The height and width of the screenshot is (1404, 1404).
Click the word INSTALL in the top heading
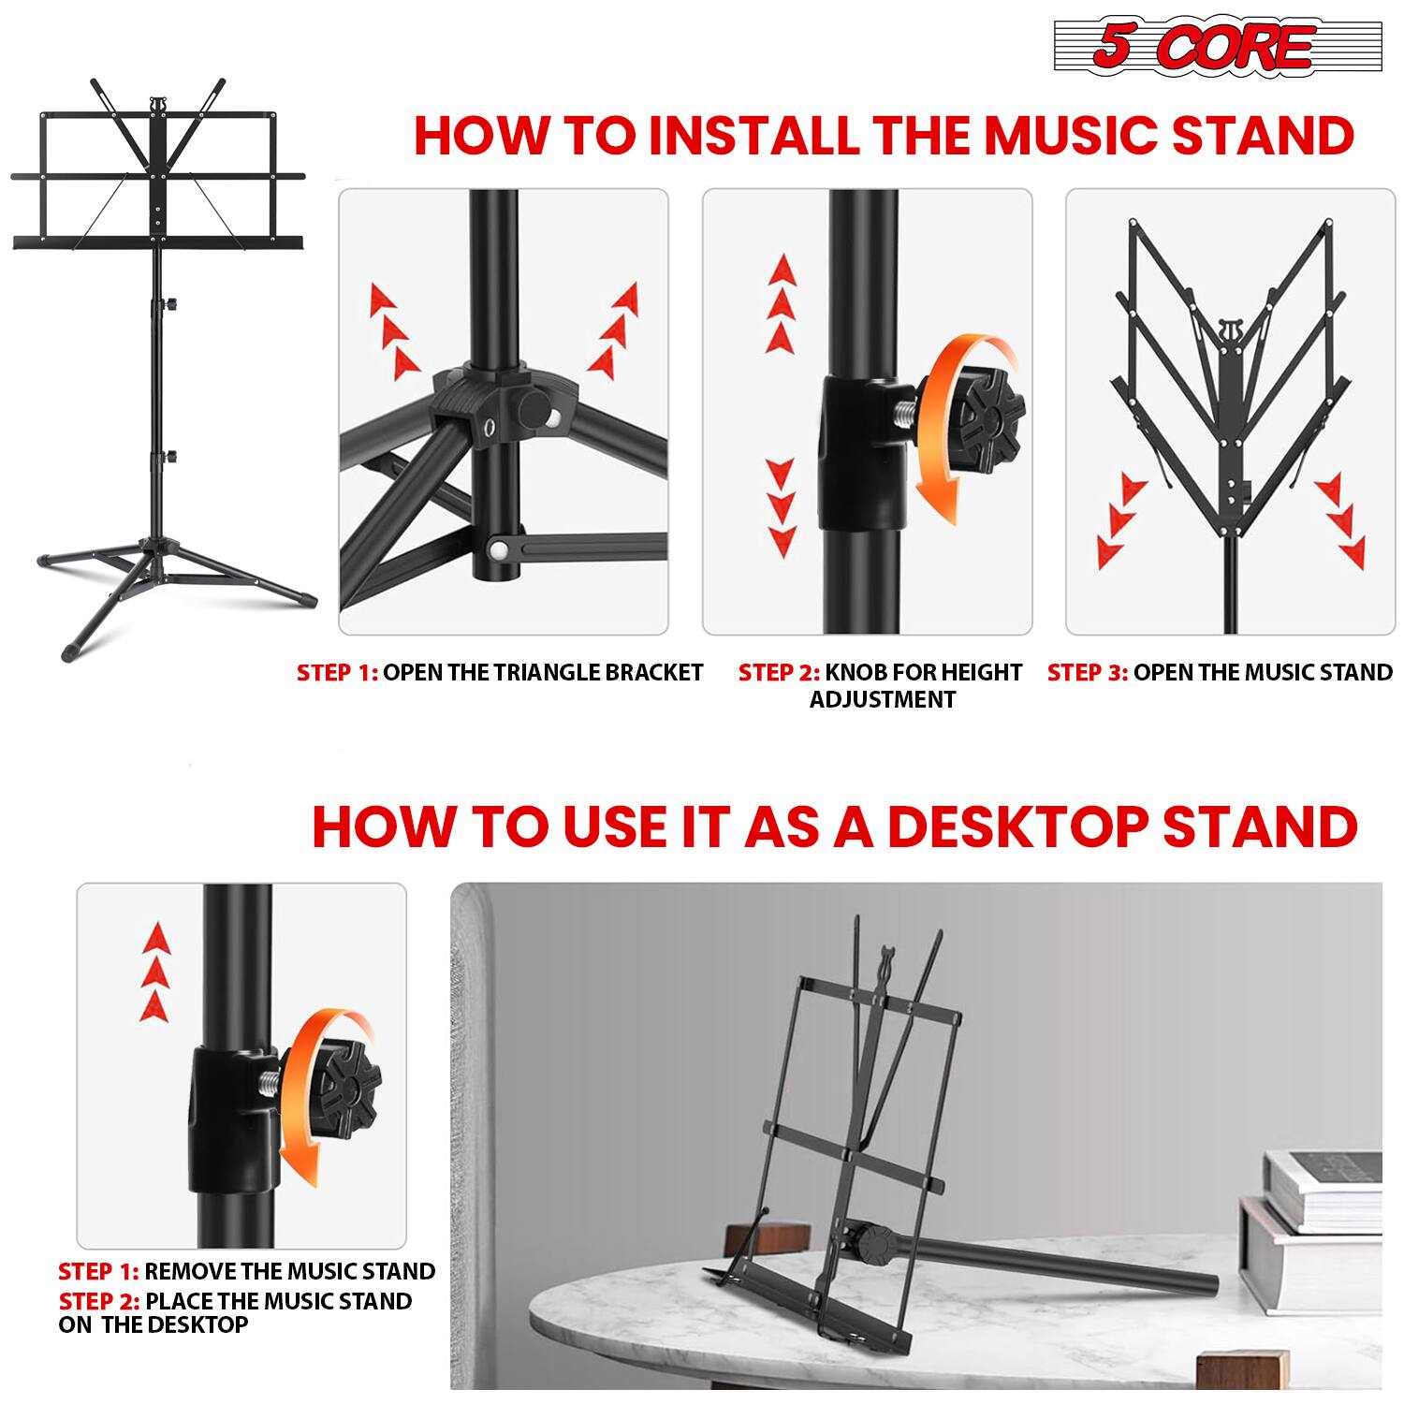[x=753, y=136]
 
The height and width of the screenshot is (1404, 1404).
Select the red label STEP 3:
[x=1087, y=672]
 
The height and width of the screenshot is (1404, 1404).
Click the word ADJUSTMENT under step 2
[x=882, y=699]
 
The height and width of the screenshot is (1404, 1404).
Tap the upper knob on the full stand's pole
[x=171, y=304]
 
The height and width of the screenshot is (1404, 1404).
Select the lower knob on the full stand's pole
[x=171, y=456]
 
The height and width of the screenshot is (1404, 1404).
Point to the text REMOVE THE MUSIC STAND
[x=289, y=1271]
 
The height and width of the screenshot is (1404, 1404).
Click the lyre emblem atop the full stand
[x=160, y=100]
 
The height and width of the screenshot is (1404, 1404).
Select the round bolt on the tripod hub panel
[x=534, y=409]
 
